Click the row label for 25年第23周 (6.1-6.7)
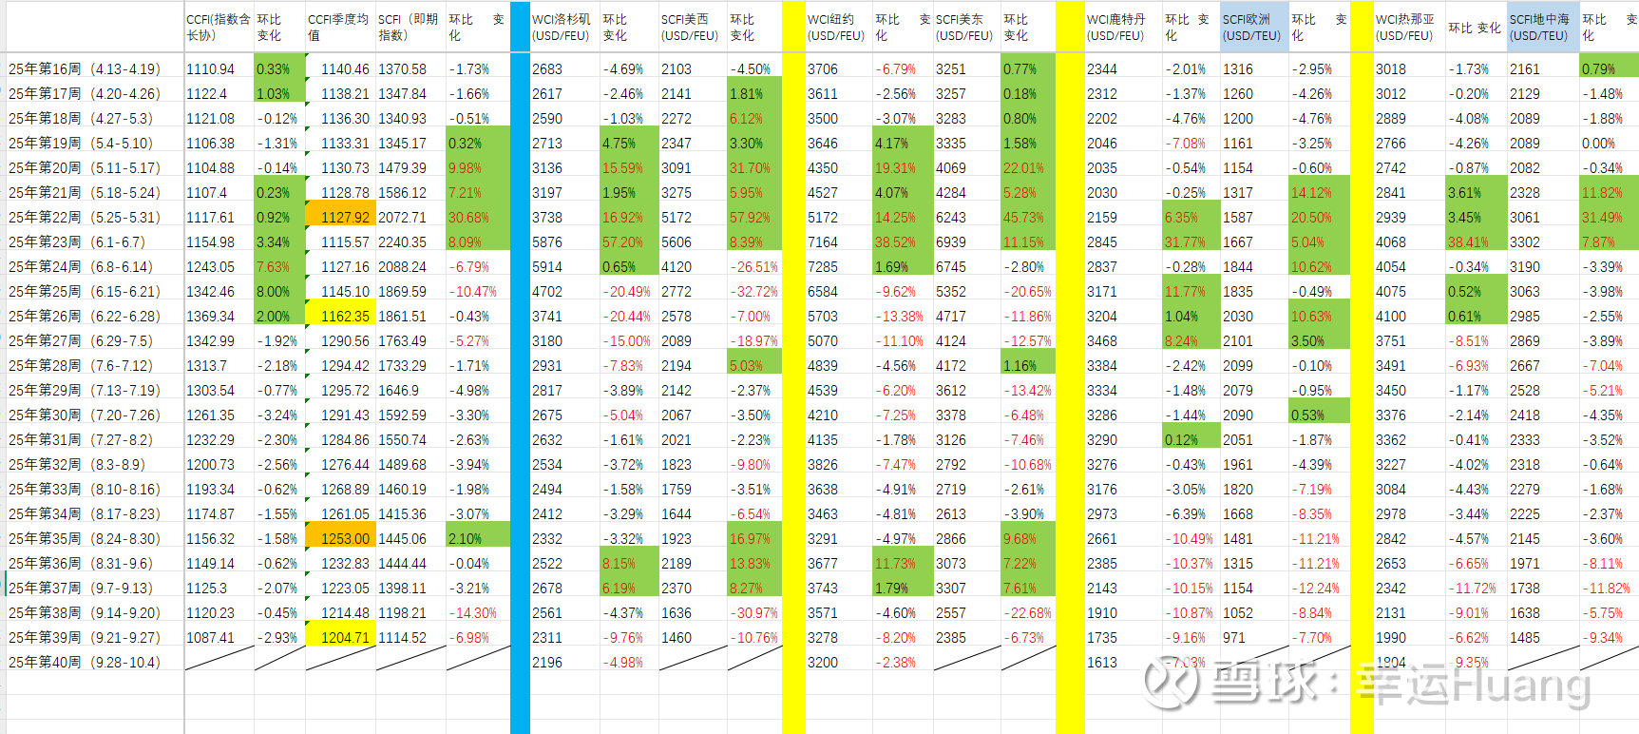85,242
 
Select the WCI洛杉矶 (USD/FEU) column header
562,28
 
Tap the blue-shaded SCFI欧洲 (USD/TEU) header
1251,28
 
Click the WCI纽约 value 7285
823,267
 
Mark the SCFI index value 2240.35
402,242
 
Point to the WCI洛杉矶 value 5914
547,267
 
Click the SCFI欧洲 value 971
1234,638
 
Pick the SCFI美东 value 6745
951,267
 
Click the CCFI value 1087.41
210,638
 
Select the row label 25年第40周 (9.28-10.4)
85,663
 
